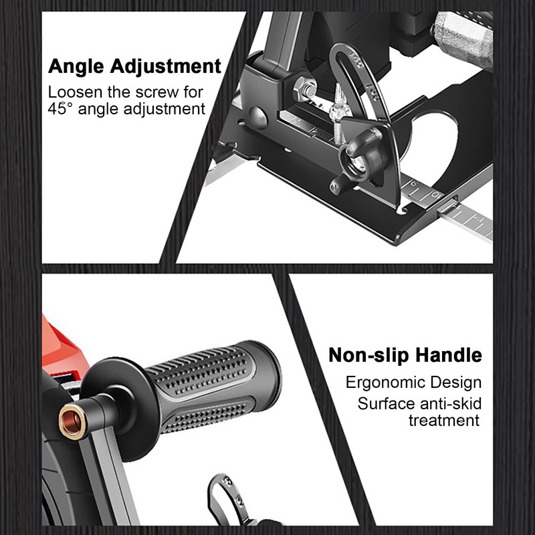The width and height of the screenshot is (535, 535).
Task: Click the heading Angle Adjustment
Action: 134,67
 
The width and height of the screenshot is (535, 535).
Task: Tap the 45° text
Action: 64,110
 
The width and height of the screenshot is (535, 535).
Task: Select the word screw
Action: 160,92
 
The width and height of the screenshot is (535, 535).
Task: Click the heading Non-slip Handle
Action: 405,355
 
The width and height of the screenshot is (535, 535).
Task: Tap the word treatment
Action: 444,420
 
